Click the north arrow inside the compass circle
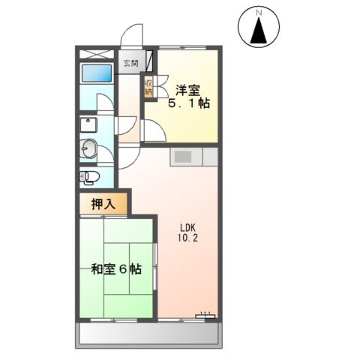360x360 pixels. point(260,31)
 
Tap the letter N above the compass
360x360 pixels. point(260,13)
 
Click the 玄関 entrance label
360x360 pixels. point(130,64)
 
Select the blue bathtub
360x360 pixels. point(95,75)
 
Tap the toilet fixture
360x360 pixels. point(89,177)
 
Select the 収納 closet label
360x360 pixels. point(149,87)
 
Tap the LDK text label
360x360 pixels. point(187,226)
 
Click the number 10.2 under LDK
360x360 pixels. point(187,238)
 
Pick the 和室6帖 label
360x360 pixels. point(115,269)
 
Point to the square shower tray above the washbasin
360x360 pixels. point(89,124)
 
